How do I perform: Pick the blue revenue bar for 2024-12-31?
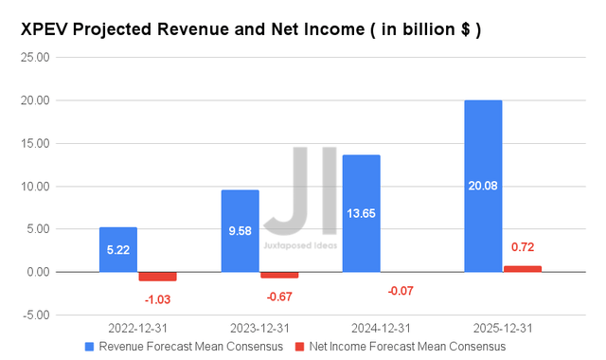tap(361, 213)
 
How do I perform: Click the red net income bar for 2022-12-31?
tap(157, 277)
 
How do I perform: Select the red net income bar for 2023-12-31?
tap(278, 275)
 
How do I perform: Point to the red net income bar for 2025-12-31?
tap(522, 269)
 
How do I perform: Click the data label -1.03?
tap(157, 299)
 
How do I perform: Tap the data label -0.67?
tap(278, 296)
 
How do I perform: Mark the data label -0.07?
tap(400, 291)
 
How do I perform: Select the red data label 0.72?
tap(522, 247)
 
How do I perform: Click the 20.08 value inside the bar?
tap(483, 186)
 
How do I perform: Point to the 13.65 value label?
tap(361, 213)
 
